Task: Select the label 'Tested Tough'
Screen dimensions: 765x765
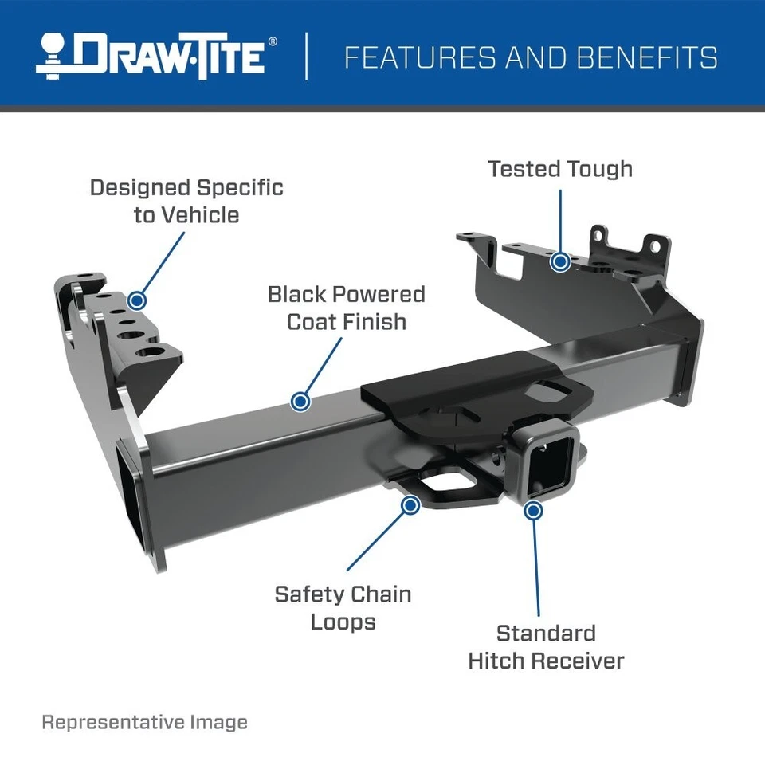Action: [560, 169]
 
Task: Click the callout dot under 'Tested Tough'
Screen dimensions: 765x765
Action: [561, 261]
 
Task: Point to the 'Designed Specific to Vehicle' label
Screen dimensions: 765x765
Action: [186, 201]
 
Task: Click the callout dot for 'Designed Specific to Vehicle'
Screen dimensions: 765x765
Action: [137, 300]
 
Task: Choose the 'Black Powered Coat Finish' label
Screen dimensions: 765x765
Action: [346, 308]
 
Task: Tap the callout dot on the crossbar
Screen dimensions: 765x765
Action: [300, 401]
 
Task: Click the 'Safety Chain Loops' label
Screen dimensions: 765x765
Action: [343, 607]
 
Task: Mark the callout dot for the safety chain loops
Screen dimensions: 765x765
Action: [411, 504]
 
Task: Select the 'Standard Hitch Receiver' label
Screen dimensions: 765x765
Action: [546, 646]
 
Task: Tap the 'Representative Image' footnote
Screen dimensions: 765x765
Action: [144, 722]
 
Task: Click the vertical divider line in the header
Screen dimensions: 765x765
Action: [307, 57]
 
